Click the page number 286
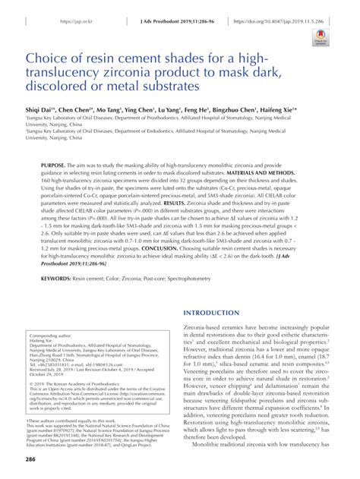(x=31, y=459)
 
